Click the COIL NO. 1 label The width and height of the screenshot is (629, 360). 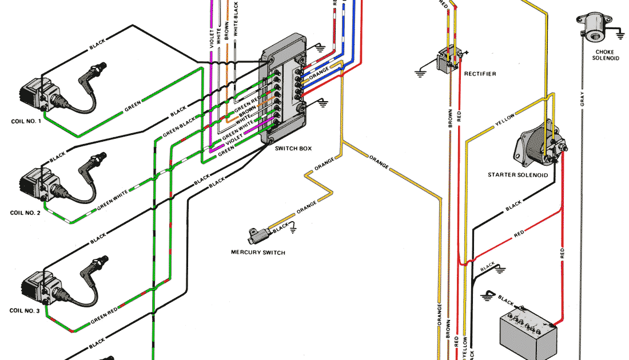pyautogui.click(x=26, y=121)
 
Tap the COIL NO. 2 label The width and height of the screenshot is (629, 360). pyautogui.click(x=26, y=213)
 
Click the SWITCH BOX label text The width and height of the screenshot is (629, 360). pyautogui.click(x=293, y=149)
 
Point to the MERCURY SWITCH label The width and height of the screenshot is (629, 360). pyautogui.click(x=258, y=252)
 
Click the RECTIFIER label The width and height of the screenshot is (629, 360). pyautogui.click(x=480, y=74)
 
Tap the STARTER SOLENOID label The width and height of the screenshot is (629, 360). pyautogui.click(x=517, y=175)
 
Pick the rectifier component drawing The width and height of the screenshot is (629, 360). pyautogui.click(x=448, y=59)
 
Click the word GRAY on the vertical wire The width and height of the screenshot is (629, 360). pyautogui.click(x=582, y=99)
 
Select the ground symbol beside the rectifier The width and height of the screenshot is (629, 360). pyautogui.click(x=421, y=71)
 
